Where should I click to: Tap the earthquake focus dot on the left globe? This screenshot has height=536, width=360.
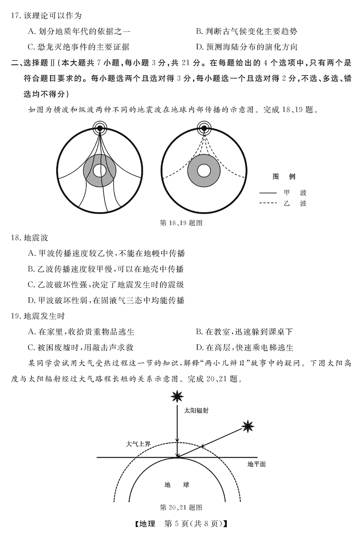pos(99,129)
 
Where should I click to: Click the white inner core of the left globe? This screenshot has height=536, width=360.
pos(99,171)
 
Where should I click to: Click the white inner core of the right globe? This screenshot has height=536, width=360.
pos(204,171)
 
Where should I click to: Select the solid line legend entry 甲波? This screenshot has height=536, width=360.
pos(283,192)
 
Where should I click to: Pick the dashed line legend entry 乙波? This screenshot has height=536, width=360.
pos(283,203)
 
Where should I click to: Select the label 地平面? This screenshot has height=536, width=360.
pos(256,464)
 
